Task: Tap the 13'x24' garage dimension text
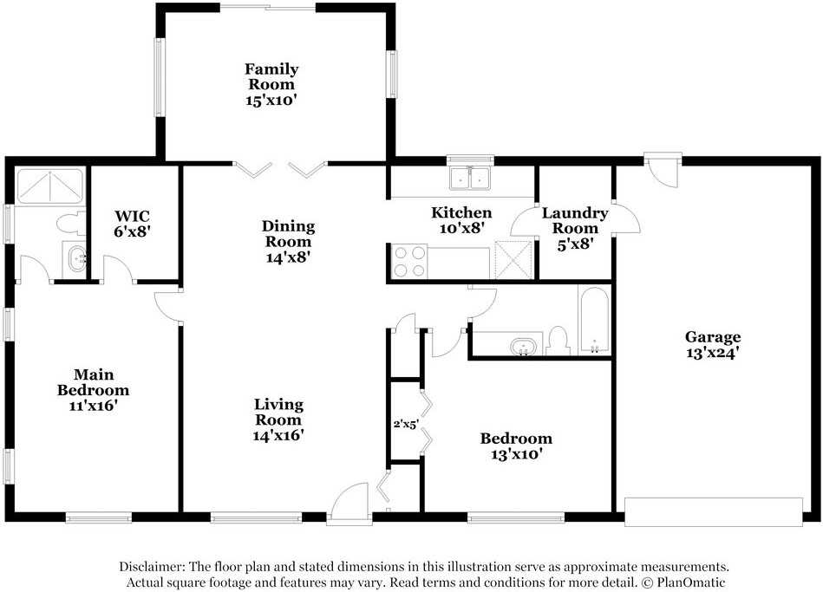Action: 713,353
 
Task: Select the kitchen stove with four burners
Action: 410,262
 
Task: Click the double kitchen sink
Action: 470,178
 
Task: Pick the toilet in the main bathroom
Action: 71,224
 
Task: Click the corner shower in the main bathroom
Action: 49,186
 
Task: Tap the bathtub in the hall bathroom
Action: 594,322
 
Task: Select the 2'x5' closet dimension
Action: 406,424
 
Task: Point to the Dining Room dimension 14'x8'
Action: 289,257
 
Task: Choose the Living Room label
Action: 278,412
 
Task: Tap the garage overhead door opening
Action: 714,511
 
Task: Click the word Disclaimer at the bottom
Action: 152,566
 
